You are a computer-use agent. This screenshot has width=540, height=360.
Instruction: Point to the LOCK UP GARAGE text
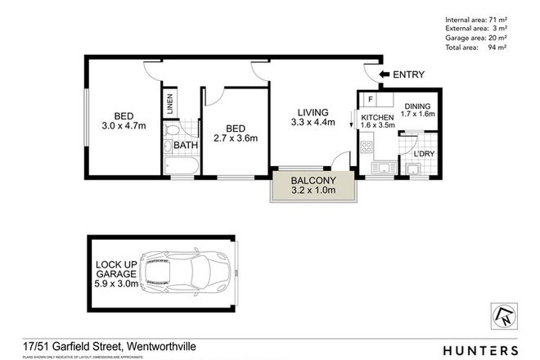tap(114, 271)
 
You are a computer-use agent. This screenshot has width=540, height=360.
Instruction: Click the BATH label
tap(186, 147)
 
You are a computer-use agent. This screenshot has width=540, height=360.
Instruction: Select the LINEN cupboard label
tap(170, 105)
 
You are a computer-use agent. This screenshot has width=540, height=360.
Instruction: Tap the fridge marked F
tap(371, 101)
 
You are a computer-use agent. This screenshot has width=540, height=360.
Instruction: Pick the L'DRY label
tap(424, 154)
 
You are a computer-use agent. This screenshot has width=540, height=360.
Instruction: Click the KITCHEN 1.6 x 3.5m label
tap(377, 123)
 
